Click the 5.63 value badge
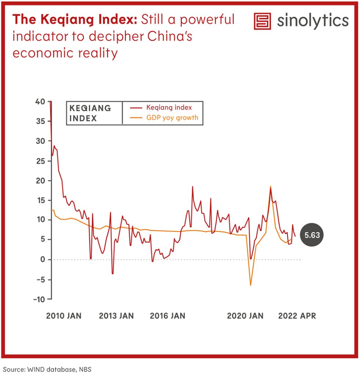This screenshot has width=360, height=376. [312, 235]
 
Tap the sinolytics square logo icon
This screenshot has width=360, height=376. [262, 21]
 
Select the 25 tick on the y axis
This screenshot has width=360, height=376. [40, 161]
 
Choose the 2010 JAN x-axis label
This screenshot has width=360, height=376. [64, 316]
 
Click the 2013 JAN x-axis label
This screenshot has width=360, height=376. [116, 316]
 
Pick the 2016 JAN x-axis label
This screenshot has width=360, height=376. [168, 316]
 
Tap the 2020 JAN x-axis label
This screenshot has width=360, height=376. [245, 316]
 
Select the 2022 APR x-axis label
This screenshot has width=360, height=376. [297, 316]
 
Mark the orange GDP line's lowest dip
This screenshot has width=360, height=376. [251, 285]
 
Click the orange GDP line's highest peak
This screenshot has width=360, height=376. [270, 187]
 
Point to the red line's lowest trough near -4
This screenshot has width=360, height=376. [113, 274]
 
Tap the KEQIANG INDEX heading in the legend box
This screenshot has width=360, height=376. [90, 113]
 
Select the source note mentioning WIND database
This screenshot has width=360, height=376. [47, 369]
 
